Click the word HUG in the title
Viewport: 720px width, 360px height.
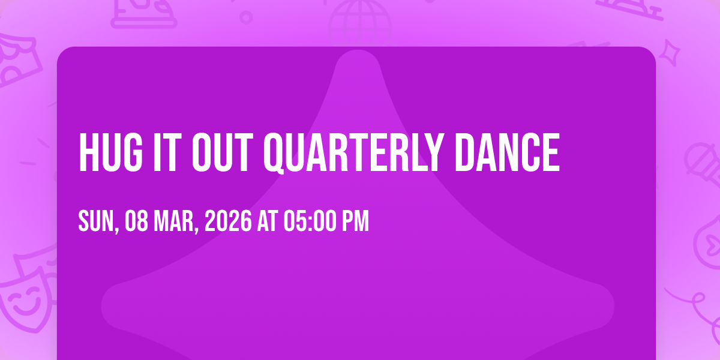[x=110, y=152]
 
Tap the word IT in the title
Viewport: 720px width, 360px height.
[x=166, y=152]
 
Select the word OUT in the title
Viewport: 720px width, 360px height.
[x=223, y=152]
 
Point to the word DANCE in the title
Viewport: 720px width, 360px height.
[x=508, y=152]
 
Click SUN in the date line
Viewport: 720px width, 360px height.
[x=97, y=221]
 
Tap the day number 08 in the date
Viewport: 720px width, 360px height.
[x=136, y=221]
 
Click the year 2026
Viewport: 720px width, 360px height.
[x=228, y=221]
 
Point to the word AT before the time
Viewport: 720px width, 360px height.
[x=268, y=221]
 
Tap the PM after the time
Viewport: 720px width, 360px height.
[x=355, y=221]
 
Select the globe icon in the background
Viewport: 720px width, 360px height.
[x=360, y=23]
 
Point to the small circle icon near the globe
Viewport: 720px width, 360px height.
[x=246, y=17]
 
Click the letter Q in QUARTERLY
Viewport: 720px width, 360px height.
[x=275, y=153]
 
